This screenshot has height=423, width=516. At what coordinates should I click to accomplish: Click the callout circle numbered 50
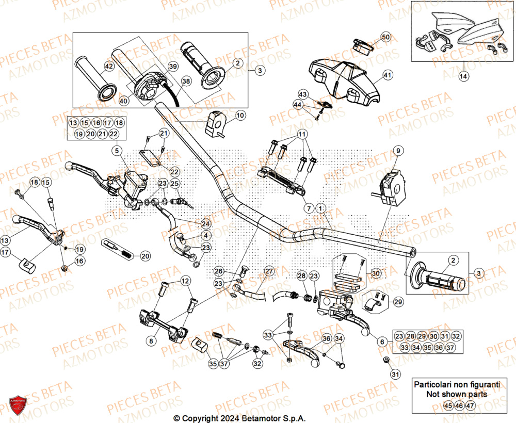coord(386,37)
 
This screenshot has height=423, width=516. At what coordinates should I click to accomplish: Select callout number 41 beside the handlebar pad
coord(388,75)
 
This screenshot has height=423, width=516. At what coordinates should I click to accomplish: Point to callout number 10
coord(240,116)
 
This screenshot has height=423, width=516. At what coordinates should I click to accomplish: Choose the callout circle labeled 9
coord(398,151)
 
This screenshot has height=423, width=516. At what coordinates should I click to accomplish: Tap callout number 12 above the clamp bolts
coord(185,281)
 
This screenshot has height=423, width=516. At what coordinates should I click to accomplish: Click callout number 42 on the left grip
coord(108,66)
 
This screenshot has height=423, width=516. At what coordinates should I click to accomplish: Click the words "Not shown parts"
coord(456,394)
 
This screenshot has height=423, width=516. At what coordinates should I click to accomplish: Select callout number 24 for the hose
coord(206,223)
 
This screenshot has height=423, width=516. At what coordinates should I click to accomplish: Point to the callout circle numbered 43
coord(303,94)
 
